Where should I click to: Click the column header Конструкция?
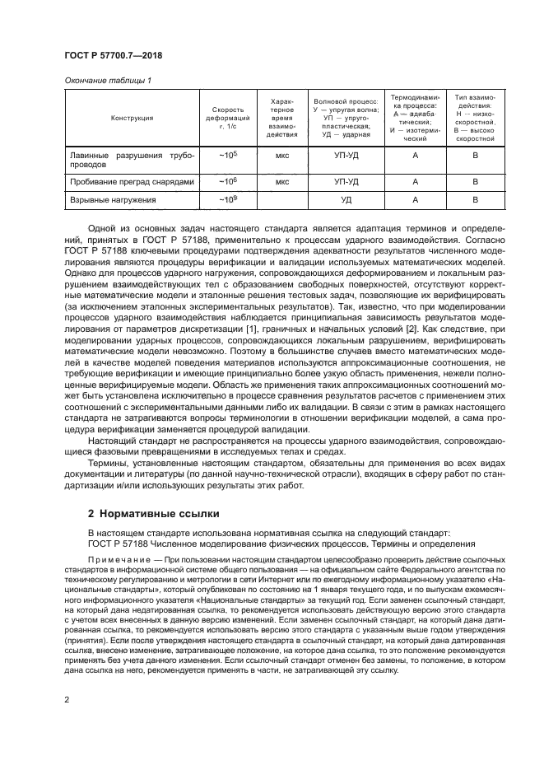[133, 118]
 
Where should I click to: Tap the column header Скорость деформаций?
[227, 118]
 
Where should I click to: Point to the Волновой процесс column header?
[346, 118]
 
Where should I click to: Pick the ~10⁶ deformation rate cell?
[227, 181]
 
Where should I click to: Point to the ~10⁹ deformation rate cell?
[227, 199]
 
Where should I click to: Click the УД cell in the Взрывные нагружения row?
[346, 200]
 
